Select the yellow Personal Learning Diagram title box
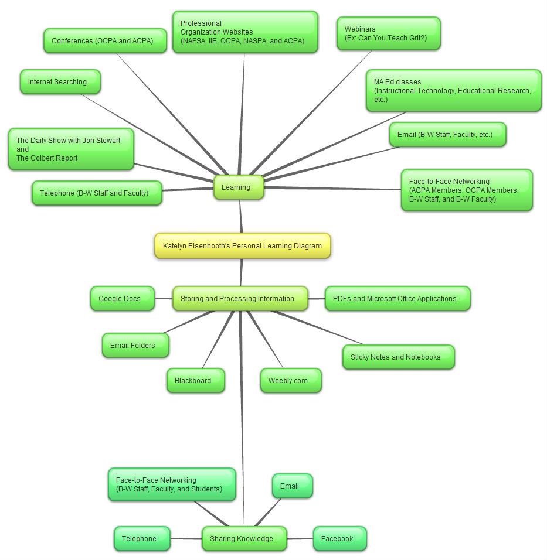[242, 246]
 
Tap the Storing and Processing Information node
[240, 299]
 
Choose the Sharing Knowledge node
[244, 538]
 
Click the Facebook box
[339, 538]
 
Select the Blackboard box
[195, 381]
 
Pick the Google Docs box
[122, 299]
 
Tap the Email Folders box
[135, 346]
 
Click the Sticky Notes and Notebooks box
[398, 357]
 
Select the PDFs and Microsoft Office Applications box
[397, 299]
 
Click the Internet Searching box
[60, 82]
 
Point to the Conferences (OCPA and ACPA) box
[105, 41]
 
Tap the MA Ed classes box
[453, 91]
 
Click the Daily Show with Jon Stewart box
[71, 149]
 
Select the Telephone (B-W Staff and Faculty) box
[97, 193]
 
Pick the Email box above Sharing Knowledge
[292, 486]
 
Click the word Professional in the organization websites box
[193, 23]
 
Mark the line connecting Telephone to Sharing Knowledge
[186, 538]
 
